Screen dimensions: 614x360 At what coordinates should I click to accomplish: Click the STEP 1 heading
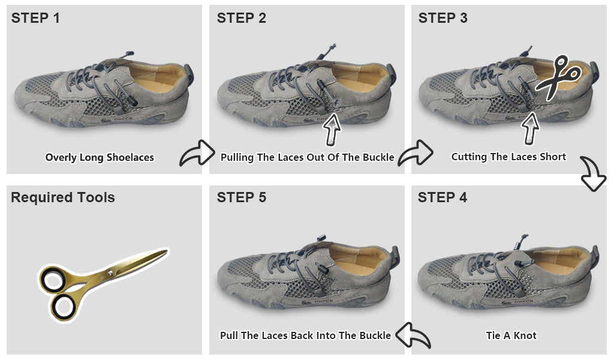[35, 18]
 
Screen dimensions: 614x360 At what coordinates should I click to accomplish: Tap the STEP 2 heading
[241, 18]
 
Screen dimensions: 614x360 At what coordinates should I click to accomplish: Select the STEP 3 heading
[443, 18]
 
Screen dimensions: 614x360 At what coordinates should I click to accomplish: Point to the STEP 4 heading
[442, 197]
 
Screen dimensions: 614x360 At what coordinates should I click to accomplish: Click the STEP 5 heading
[241, 197]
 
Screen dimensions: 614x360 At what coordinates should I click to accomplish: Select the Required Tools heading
[62, 197]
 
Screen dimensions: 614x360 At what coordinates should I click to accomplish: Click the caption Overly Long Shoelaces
[100, 157]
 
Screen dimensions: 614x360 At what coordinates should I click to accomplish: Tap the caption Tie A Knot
[511, 335]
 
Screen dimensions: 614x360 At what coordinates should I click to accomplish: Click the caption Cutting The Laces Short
[508, 157]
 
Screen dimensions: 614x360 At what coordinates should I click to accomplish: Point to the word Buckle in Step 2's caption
[378, 157]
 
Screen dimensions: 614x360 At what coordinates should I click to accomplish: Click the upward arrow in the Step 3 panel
[530, 128]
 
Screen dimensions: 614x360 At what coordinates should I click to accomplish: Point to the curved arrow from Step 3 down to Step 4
[593, 172]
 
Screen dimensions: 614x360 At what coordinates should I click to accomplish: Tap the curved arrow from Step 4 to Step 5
[413, 335]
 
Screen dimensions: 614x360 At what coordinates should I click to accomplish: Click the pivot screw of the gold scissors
[110, 272]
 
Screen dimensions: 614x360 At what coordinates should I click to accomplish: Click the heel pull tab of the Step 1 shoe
[189, 74]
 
